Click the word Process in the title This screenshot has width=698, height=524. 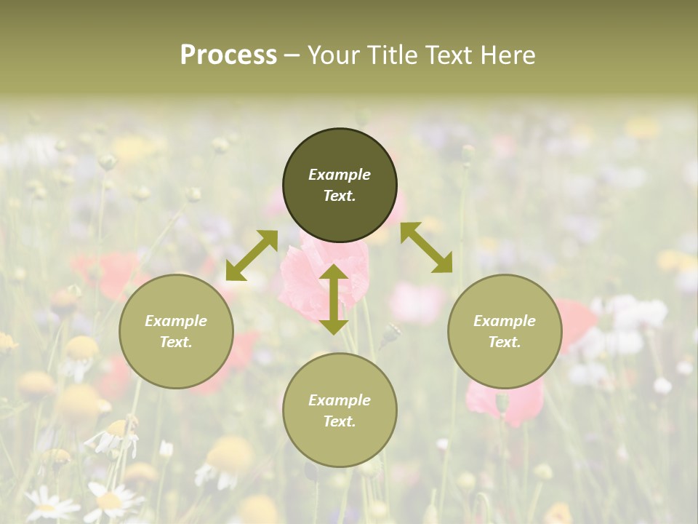(x=228, y=55)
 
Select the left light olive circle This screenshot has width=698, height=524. (x=176, y=357)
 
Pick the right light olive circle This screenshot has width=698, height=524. (x=505, y=357)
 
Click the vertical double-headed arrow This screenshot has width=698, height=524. (x=334, y=299)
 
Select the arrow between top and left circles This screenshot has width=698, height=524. (x=252, y=255)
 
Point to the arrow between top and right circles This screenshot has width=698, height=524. (x=426, y=247)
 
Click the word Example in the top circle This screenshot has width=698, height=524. (x=340, y=175)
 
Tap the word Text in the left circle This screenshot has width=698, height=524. (x=176, y=342)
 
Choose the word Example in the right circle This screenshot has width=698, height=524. (x=505, y=321)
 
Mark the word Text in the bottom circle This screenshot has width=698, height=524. (x=340, y=421)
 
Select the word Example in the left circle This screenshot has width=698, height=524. (x=176, y=321)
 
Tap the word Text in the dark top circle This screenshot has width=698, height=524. (x=340, y=196)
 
